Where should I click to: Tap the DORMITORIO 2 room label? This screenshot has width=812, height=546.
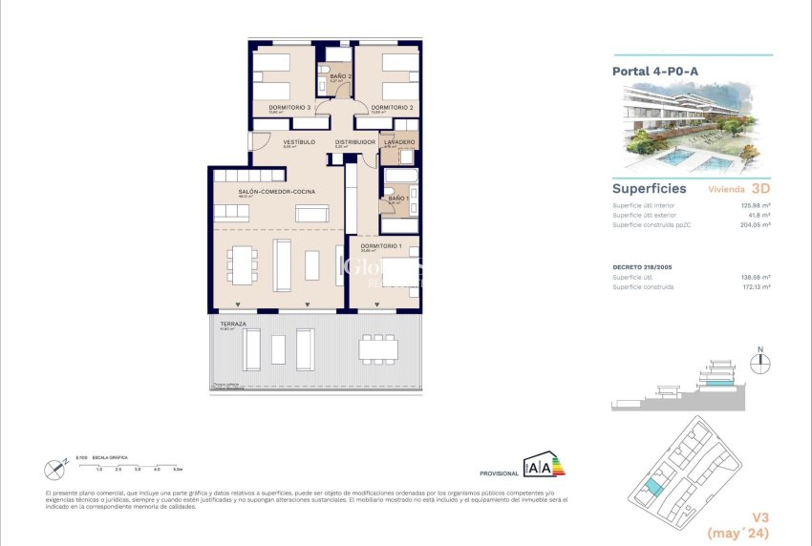(392, 107)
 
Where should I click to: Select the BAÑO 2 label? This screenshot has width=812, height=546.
(341, 76)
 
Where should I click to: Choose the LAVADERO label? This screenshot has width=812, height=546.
(398, 142)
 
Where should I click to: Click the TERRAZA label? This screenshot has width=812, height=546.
(232, 324)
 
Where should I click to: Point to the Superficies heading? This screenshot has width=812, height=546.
(649, 189)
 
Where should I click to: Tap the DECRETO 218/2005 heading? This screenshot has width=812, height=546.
(646, 267)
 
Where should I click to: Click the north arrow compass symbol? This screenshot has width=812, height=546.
(761, 362)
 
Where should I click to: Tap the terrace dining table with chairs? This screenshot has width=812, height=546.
(378, 349)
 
